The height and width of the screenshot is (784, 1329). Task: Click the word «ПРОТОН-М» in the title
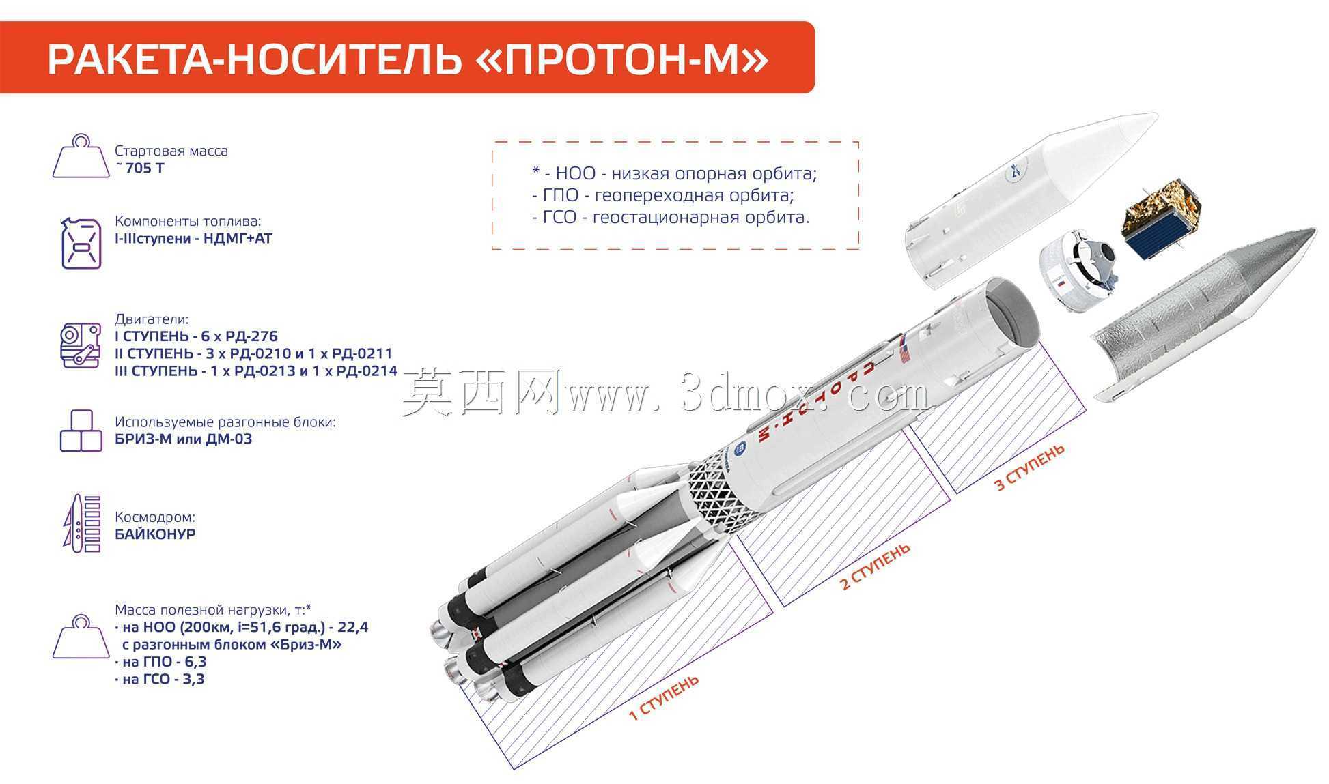point(621,59)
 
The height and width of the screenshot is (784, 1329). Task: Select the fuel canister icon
point(81,242)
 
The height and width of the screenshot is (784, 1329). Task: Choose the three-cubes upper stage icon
point(81,431)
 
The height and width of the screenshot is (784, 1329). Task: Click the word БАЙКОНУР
point(155,534)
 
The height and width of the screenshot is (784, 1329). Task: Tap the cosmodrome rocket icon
point(81,523)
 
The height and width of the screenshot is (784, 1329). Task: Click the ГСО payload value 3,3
point(193,679)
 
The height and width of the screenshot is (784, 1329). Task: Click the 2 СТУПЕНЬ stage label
point(875,566)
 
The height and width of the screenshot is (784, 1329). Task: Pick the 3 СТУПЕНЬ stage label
point(1029,467)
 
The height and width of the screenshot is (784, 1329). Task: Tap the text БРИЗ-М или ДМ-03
point(184,439)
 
